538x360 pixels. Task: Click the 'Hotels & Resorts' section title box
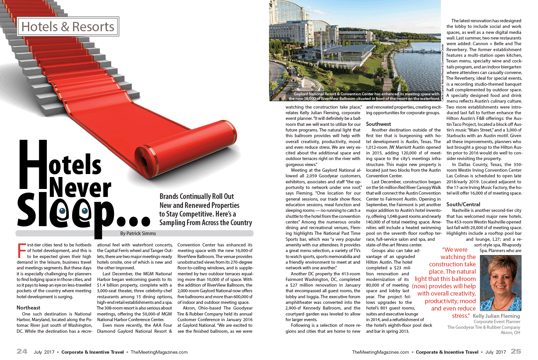[68, 27]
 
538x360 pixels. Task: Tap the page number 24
[22, 351]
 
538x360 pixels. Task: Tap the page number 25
[516, 351]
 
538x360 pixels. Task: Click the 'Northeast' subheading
[28, 308]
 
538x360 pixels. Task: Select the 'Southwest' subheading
[378, 124]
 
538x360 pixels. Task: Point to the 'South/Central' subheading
[463, 205]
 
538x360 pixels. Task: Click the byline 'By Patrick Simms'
[138, 233]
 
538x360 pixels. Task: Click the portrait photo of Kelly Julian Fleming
[500, 283]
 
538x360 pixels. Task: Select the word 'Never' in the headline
[80, 188]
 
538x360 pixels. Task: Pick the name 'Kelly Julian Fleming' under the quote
[496, 316]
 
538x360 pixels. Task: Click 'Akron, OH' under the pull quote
[510, 333]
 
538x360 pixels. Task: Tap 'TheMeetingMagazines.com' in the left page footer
[159, 352]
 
